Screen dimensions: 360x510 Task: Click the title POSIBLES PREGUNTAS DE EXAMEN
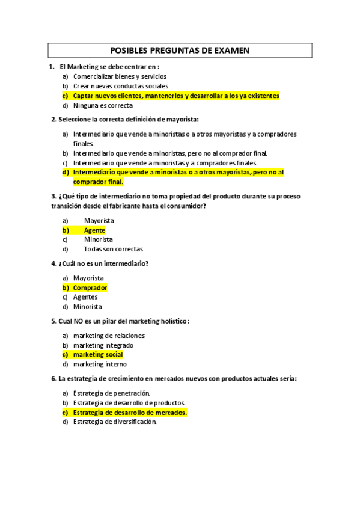(180, 51)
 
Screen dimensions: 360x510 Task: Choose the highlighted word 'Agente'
(94, 230)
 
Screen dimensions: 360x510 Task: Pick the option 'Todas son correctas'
(113, 249)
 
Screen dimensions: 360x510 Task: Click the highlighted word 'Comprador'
(90, 287)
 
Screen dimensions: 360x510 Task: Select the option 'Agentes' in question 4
(85, 297)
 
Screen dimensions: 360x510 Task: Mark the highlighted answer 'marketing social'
(98, 355)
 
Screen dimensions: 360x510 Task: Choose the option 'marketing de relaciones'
(109, 336)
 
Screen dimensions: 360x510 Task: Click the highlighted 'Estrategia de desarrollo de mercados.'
(130, 413)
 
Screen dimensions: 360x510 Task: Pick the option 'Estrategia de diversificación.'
(115, 422)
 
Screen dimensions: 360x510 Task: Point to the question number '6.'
(54, 379)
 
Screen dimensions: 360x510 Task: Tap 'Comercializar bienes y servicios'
(120, 76)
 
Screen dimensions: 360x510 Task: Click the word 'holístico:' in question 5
(171, 321)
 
